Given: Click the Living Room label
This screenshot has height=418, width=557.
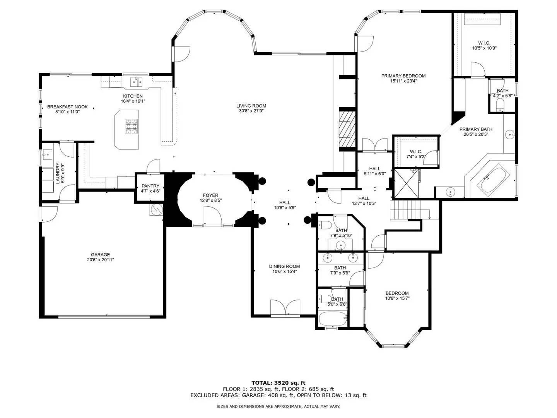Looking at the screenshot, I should click(x=251, y=106).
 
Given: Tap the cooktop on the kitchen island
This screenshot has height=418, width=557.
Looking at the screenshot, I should click(x=131, y=126).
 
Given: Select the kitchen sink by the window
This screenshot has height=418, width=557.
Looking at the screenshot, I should click(x=136, y=82).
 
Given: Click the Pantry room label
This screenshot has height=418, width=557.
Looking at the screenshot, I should click(x=150, y=186).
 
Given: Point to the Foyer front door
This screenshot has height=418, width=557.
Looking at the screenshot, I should click(x=212, y=216).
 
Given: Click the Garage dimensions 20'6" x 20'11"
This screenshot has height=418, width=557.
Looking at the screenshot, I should click(x=100, y=260).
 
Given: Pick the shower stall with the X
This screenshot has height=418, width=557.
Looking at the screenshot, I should click(x=405, y=184).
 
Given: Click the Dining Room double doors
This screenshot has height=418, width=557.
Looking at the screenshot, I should click(x=285, y=308).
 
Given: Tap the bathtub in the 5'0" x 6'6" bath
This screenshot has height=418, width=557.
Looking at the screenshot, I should click(x=332, y=319).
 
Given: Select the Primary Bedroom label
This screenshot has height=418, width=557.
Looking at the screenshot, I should click(x=403, y=76).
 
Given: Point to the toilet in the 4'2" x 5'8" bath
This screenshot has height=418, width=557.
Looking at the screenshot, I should click(x=500, y=104).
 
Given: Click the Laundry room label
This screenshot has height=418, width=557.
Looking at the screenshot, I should click(x=58, y=173).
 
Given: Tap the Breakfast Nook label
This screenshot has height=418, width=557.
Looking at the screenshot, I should click(x=67, y=107).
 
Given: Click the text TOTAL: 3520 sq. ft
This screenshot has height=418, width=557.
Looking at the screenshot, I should click(x=278, y=383).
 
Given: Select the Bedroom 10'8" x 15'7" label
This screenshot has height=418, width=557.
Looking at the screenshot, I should click(x=397, y=293).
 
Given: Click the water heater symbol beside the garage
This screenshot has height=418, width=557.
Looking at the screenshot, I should click(x=157, y=209).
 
